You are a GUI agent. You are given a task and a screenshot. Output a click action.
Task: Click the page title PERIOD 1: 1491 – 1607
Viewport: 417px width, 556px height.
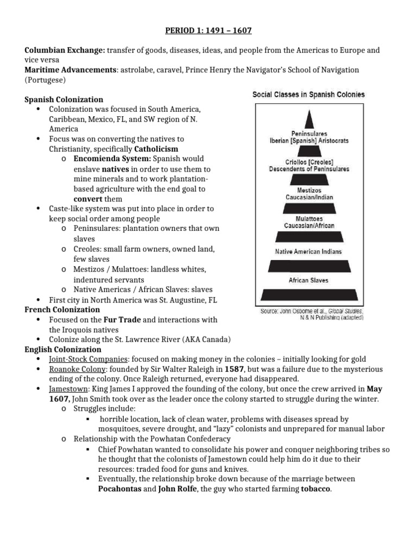click(208, 30)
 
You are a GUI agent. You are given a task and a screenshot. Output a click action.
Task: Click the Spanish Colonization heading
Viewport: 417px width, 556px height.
click(64, 99)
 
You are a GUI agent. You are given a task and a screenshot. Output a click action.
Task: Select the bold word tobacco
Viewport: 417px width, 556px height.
click(310, 489)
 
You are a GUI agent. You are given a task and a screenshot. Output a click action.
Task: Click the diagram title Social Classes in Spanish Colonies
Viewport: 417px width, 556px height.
click(308, 94)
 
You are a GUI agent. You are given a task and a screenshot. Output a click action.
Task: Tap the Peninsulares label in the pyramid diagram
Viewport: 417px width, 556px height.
click(309, 133)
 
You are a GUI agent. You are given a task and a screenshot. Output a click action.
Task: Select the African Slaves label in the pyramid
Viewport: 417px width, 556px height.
click(309, 281)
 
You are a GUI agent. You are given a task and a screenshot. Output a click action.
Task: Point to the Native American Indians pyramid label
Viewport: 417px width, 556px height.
click(309, 251)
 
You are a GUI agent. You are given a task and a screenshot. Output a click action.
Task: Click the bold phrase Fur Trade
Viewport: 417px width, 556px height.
click(123, 320)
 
